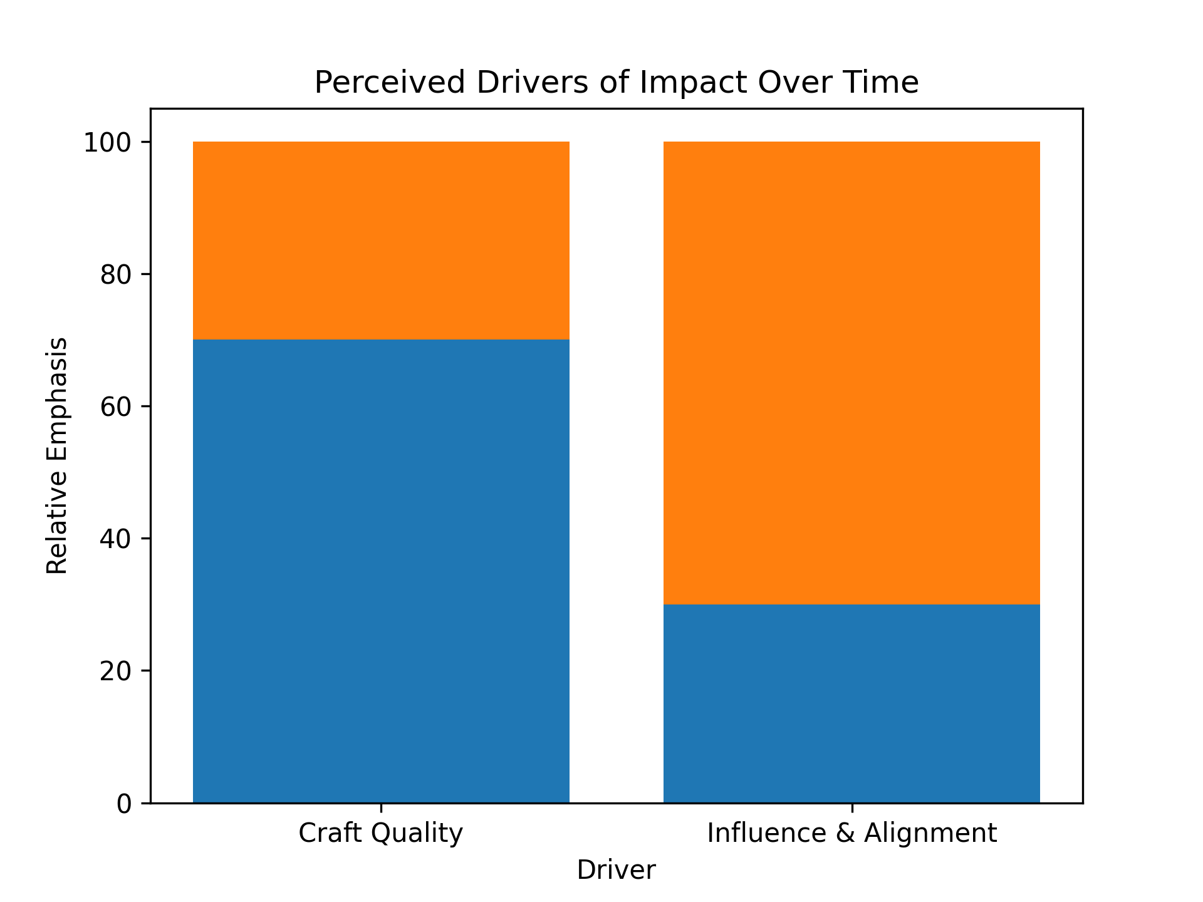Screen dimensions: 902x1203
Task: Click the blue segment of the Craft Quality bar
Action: (x=381, y=570)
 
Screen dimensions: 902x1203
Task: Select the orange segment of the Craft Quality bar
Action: (x=381, y=241)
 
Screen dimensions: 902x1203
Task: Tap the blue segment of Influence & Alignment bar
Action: (x=851, y=703)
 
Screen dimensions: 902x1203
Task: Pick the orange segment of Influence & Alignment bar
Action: (x=851, y=373)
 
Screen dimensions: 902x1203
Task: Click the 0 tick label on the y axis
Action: (x=124, y=804)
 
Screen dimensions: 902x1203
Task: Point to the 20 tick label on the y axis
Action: (x=116, y=671)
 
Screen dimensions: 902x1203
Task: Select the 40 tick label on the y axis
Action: (x=116, y=539)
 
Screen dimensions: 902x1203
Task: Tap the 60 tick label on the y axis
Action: (x=116, y=407)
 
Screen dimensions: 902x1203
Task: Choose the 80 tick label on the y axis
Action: (x=116, y=275)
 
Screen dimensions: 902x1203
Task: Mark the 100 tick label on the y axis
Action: (x=108, y=143)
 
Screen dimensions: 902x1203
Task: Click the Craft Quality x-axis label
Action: (x=381, y=834)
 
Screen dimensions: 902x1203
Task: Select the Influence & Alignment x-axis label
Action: (x=851, y=834)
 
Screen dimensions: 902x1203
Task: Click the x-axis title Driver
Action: (x=616, y=871)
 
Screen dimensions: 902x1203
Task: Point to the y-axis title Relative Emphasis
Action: (x=57, y=455)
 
